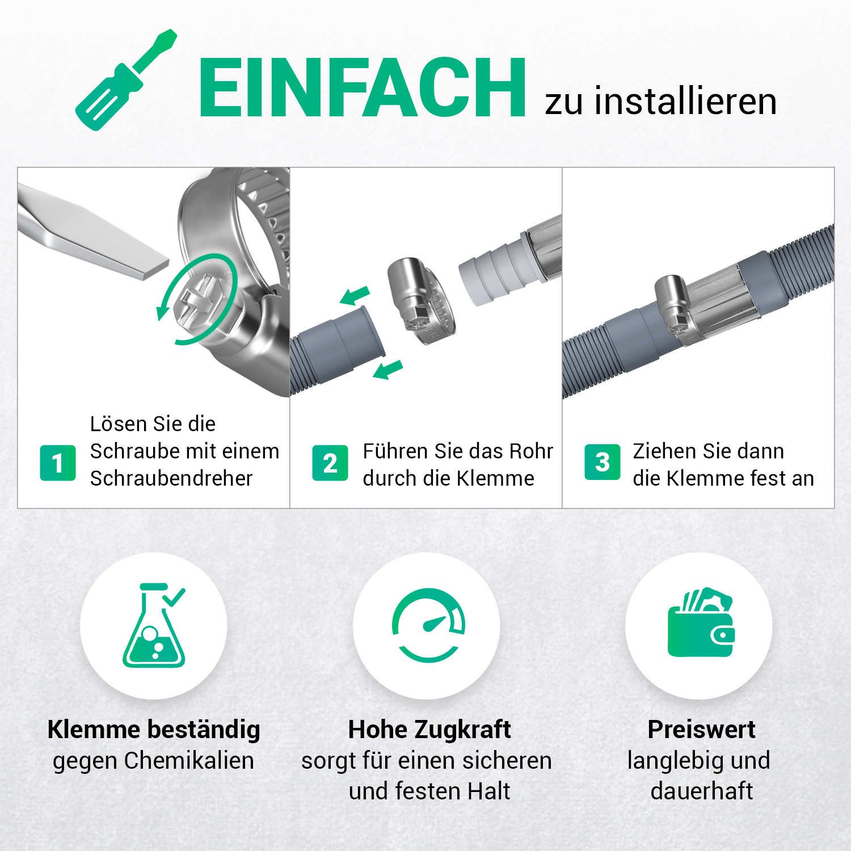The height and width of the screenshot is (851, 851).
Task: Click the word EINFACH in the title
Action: (x=363, y=88)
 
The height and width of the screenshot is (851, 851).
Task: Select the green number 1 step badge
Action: (x=58, y=463)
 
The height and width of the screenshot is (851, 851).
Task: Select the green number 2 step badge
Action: (x=330, y=463)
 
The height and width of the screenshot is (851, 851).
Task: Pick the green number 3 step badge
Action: (x=603, y=462)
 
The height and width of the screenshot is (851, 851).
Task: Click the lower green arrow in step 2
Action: (x=388, y=369)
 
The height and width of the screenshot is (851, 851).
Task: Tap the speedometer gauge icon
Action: (x=429, y=625)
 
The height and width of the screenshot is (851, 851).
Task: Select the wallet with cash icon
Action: (x=701, y=622)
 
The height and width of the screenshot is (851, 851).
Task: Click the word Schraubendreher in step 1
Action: (x=171, y=478)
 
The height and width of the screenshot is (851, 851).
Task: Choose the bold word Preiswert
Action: (x=701, y=730)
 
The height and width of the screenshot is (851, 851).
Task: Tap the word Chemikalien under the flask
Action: (x=189, y=761)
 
